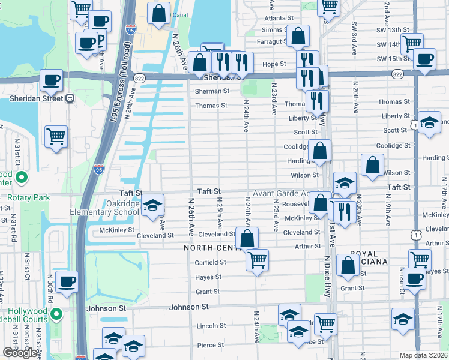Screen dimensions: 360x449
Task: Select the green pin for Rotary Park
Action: tap(22, 178)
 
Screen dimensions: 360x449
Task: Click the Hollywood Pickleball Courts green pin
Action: tap(56, 314)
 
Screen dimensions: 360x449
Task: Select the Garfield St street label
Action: tap(210, 262)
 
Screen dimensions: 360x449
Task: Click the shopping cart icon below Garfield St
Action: tap(257, 260)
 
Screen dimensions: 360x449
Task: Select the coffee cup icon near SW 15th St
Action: tap(425, 59)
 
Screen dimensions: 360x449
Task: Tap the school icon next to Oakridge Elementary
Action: tap(153, 206)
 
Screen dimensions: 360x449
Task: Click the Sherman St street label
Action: tap(212, 91)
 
